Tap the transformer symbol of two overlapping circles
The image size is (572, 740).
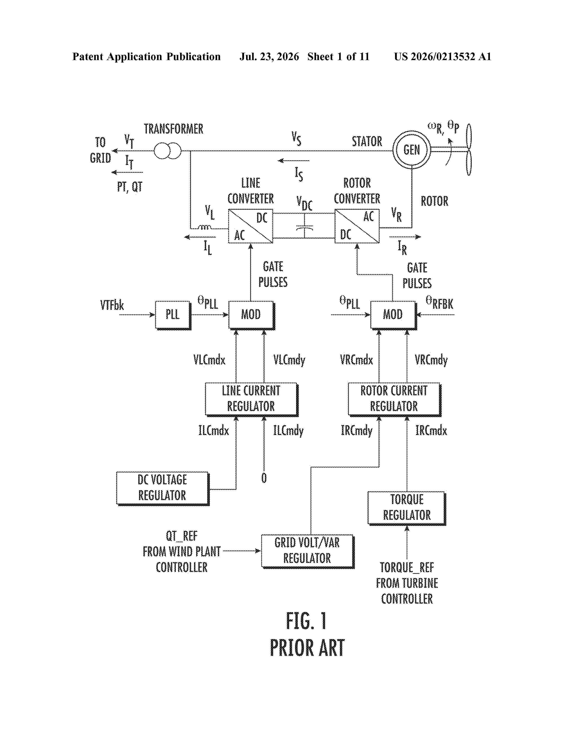[x=167, y=151]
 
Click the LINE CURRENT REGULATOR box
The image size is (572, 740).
[x=251, y=399]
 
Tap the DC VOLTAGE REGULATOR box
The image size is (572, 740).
[x=163, y=489]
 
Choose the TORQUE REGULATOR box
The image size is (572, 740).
[x=407, y=508]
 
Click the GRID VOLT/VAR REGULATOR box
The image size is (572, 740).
[x=308, y=551]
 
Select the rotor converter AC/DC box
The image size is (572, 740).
[x=357, y=226]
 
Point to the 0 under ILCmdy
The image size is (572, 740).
[x=264, y=478]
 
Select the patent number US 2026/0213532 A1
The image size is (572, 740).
[x=443, y=57]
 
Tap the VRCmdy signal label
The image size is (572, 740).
[x=431, y=360]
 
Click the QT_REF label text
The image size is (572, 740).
[x=182, y=536]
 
